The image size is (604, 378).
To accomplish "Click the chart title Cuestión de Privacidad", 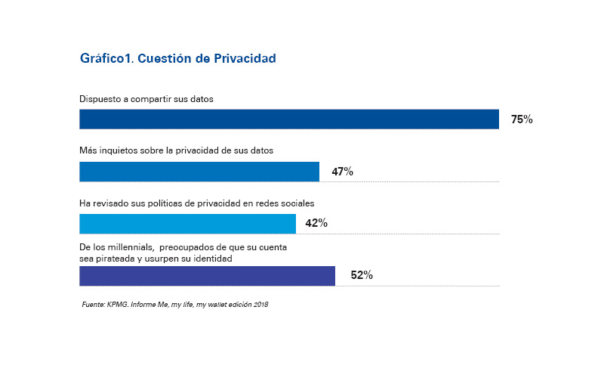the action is [206, 58].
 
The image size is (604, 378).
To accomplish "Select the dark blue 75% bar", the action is [289, 119].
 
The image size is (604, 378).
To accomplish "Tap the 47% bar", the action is [199, 172].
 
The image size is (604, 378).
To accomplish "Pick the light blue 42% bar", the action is [187, 224].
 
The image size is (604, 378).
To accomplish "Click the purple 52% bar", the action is [207, 276].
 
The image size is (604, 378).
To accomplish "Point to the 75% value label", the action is [522, 119].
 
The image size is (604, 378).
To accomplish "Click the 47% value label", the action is [343, 172].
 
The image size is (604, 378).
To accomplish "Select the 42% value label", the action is [316, 223].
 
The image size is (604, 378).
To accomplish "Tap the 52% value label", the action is [362, 275].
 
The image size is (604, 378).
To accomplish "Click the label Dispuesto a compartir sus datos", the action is [146, 99].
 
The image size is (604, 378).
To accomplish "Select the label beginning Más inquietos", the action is [177, 150].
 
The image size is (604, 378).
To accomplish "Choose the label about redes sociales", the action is [197, 203].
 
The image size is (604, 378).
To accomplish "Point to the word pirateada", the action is [112, 259].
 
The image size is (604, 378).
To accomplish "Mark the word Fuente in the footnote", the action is [93, 305].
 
